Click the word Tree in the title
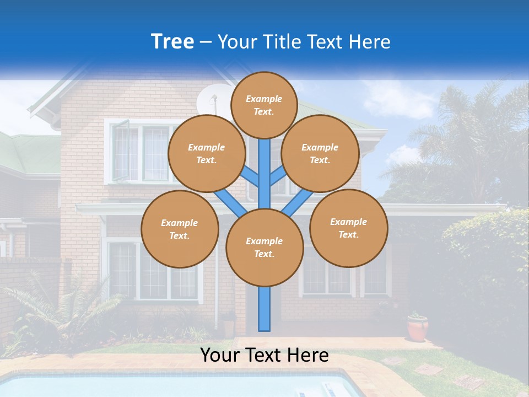pyautogui.click(x=172, y=42)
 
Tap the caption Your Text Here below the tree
pyautogui.click(x=264, y=355)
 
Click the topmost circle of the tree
pyautogui.click(x=264, y=105)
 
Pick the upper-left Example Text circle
pyautogui.click(x=206, y=153)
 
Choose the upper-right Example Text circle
pyautogui.click(x=320, y=153)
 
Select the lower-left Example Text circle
pyautogui.click(x=180, y=229)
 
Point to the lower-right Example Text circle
pyautogui.click(x=348, y=228)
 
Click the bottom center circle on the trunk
pyautogui.click(x=264, y=247)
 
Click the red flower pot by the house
pyautogui.click(x=418, y=329)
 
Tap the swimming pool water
pyautogui.click(x=165, y=386)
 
